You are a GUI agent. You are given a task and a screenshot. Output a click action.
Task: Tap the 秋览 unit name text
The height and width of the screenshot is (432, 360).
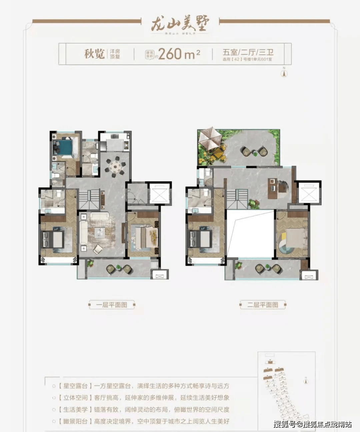[x=94, y=53]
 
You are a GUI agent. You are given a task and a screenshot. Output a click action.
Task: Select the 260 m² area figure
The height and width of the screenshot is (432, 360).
[x=179, y=53]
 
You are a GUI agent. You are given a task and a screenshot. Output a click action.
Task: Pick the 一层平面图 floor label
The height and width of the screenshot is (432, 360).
[x=112, y=305]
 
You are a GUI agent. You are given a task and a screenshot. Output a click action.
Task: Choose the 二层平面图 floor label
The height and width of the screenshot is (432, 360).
[x=263, y=305]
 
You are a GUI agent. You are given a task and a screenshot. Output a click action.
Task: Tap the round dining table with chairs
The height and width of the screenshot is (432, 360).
[x=115, y=166]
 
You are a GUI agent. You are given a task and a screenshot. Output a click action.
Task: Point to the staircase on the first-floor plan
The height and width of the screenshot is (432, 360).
[x=89, y=199]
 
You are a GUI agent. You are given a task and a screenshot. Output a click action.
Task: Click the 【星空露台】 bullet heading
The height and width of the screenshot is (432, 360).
[x=73, y=386]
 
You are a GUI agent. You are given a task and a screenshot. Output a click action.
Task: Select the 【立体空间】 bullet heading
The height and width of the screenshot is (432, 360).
[x=73, y=398]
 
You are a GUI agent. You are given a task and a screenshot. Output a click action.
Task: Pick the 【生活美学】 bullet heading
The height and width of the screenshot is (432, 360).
[x=73, y=409]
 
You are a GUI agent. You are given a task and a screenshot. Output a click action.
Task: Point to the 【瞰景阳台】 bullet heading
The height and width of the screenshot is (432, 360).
[x=73, y=421]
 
